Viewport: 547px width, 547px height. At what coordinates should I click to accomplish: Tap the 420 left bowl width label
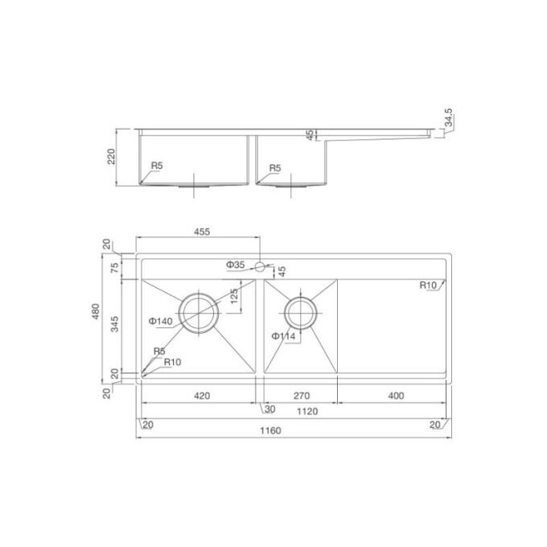tap(202, 395)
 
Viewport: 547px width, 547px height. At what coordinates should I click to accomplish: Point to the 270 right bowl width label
tap(300, 395)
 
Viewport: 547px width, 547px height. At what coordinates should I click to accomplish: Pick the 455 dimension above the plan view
tap(202, 232)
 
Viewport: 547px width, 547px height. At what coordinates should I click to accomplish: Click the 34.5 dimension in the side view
tap(450, 120)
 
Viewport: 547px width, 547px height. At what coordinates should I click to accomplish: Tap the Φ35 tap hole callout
tap(235, 264)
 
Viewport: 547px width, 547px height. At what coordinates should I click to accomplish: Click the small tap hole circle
tap(260, 265)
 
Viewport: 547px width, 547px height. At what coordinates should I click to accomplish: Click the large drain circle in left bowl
tap(198, 313)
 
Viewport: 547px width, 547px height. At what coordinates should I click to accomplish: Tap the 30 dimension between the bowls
tap(269, 410)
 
